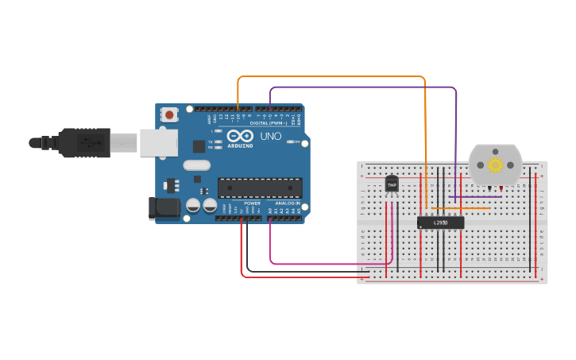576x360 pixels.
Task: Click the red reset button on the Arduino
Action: [169, 114]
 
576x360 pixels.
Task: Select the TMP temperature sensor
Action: [391, 184]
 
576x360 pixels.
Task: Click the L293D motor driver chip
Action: [441, 223]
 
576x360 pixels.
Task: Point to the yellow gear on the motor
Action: [496, 165]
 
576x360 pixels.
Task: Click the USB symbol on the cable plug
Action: [89, 143]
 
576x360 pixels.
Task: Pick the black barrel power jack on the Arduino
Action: [160, 209]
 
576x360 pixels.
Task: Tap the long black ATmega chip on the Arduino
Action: [260, 188]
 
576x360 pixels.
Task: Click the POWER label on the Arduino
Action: [252, 203]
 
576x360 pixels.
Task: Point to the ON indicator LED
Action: [292, 142]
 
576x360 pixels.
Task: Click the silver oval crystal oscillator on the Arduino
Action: [196, 165]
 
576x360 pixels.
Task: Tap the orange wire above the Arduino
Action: [334, 77]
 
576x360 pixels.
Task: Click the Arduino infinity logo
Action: [240, 136]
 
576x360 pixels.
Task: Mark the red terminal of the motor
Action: [501, 188]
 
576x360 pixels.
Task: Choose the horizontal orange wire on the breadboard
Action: [461, 209]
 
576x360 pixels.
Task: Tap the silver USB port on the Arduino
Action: [158, 143]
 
